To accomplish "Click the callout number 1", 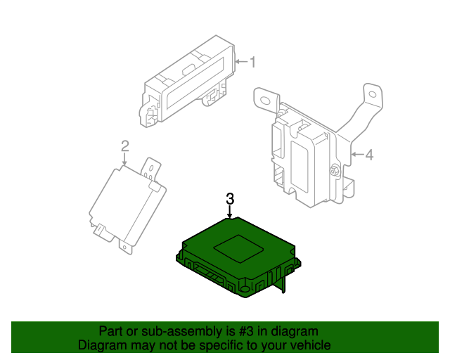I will coord(253,63).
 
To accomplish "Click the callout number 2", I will coord(124,146).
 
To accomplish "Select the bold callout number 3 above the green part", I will coord(230,199).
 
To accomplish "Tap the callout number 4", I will coord(370,154).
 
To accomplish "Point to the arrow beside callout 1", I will coord(241,63).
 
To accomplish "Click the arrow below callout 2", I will coord(124,160).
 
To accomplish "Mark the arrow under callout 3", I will coord(230,212).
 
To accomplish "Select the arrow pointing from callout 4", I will coord(357,154).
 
